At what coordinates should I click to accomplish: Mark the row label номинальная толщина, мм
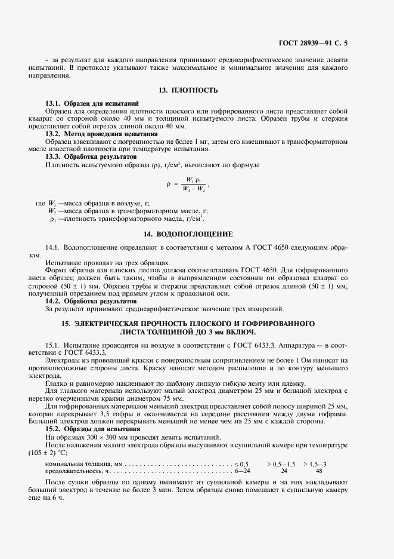[x=80, y=463]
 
